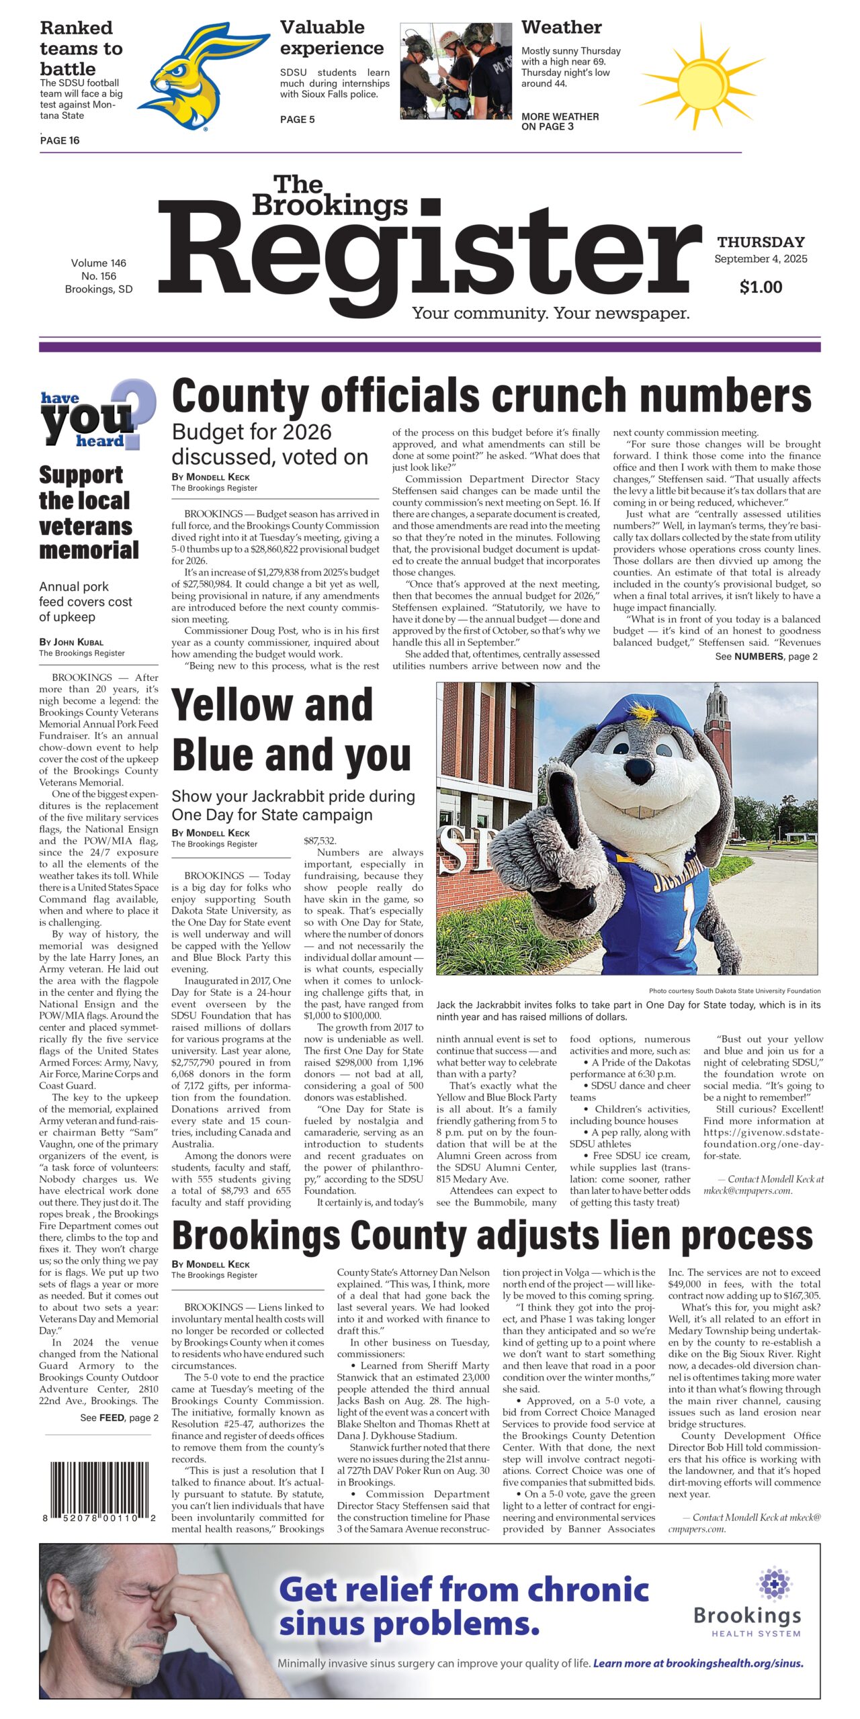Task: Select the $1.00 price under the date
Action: coord(761,287)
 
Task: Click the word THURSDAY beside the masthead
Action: coord(761,242)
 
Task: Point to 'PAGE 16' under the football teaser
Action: coord(60,140)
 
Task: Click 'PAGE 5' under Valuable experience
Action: coord(297,120)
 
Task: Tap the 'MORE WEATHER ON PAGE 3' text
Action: coord(560,122)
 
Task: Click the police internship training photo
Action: coord(456,72)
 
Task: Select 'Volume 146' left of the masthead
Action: coord(98,263)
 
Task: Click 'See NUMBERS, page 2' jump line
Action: coord(766,657)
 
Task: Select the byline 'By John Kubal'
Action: coord(71,642)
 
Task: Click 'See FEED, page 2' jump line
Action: coord(119,1418)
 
